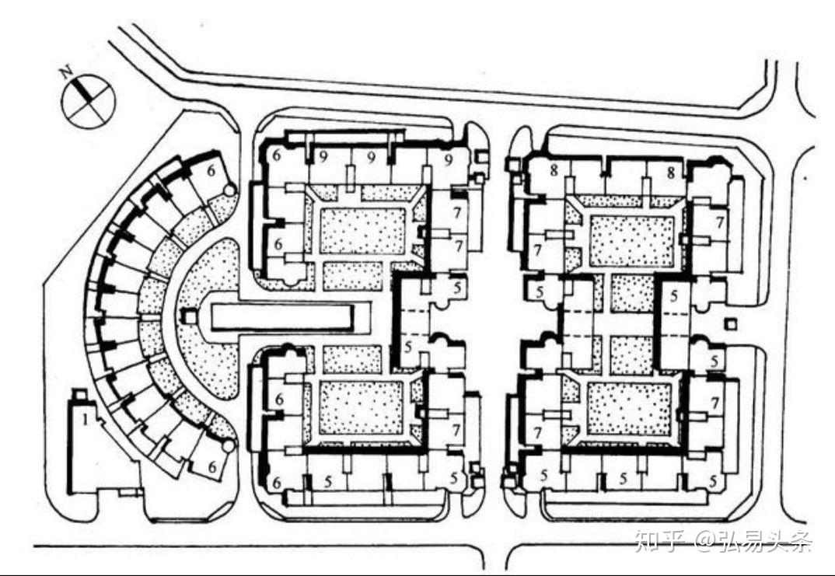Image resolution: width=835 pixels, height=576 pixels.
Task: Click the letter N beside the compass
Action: tap(67, 72)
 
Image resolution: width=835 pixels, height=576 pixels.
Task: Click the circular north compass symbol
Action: tap(89, 102)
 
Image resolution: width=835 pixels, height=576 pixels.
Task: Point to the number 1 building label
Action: tap(85, 421)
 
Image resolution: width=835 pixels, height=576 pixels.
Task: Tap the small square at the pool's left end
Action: tap(188, 317)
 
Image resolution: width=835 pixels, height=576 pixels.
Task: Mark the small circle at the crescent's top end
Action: tap(229, 190)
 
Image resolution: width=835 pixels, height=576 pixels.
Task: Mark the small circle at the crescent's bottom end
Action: tap(229, 445)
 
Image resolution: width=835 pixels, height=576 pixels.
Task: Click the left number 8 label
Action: tap(554, 171)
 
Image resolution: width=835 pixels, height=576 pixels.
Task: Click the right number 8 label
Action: tap(671, 172)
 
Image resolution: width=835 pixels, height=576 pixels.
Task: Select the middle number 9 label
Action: tap(372, 158)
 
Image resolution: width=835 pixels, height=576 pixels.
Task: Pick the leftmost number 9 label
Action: tap(323, 158)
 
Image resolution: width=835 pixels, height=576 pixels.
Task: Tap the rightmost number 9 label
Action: tap(449, 159)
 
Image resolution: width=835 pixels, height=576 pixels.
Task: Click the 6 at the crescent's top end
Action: tap(211, 171)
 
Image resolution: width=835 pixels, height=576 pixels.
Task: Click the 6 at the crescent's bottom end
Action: tap(213, 467)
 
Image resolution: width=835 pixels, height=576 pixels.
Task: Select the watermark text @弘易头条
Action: tap(753, 543)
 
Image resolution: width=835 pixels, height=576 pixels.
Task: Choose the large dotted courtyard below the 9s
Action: tap(362, 231)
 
